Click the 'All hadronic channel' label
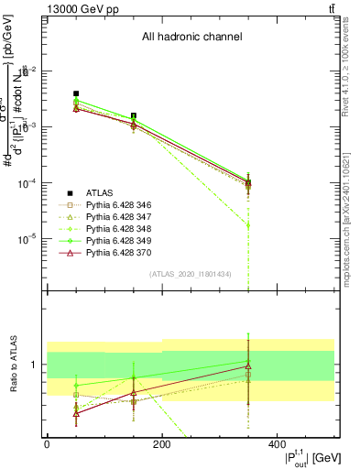pyautogui.click(x=191, y=38)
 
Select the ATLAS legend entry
pyautogui.click(x=100, y=192)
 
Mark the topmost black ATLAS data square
pyautogui.click(x=76, y=93)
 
